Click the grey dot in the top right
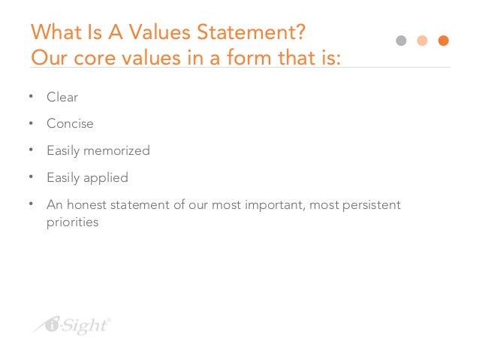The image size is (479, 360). (x=401, y=41)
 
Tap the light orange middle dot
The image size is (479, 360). (x=422, y=41)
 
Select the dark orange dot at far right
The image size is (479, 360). (x=443, y=41)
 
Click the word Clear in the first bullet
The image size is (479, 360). (x=62, y=98)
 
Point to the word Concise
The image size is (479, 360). (x=70, y=124)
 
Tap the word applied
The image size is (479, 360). (x=105, y=178)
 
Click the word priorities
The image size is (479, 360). (x=73, y=222)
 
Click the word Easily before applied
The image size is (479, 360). (x=63, y=178)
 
